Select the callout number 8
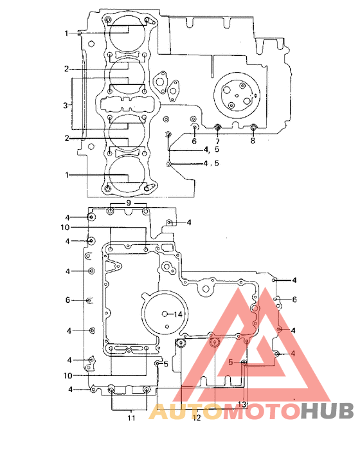pos(253,140)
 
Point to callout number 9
pos(129,203)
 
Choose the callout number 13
pos(242,404)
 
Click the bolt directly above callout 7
pos(218,127)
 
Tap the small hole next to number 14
pos(166,313)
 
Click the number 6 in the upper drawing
pos(194,140)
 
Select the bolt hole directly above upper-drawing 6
pos(194,120)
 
